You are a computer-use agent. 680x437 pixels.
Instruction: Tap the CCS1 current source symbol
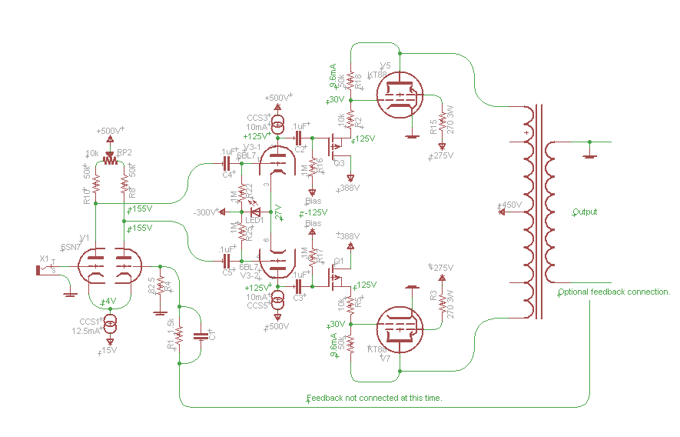(x=110, y=320)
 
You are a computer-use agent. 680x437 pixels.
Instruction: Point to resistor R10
(x=96, y=185)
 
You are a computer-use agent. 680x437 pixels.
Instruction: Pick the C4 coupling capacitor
(x=227, y=164)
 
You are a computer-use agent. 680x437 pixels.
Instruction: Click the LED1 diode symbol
(x=256, y=212)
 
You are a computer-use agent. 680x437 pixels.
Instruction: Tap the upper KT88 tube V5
(x=400, y=95)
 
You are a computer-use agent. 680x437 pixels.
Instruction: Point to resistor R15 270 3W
(x=442, y=125)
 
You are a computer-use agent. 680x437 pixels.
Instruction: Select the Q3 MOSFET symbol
(x=336, y=146)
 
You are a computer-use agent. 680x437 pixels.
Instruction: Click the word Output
(x=584, y=212)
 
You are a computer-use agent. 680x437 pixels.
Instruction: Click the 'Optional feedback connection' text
(x=614, y=292)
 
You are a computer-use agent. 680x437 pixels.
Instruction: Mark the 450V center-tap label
(x=509, y=205)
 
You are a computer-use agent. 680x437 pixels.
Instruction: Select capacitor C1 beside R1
(x=201, y=335)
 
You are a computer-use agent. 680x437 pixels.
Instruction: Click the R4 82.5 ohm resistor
(x=160, y=288)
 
